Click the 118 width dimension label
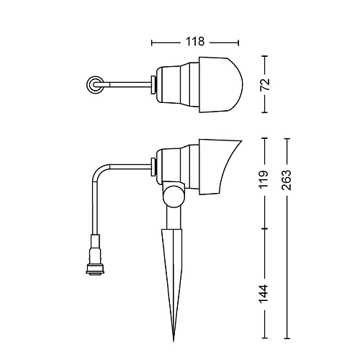point(195,42)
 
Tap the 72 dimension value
point(265,84)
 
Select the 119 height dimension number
point(264,179)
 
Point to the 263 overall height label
point(287,180)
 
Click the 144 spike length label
point(264,294)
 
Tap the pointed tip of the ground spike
point(174,341)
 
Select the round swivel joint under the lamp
point(174,197)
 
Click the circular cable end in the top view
point(95,85)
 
